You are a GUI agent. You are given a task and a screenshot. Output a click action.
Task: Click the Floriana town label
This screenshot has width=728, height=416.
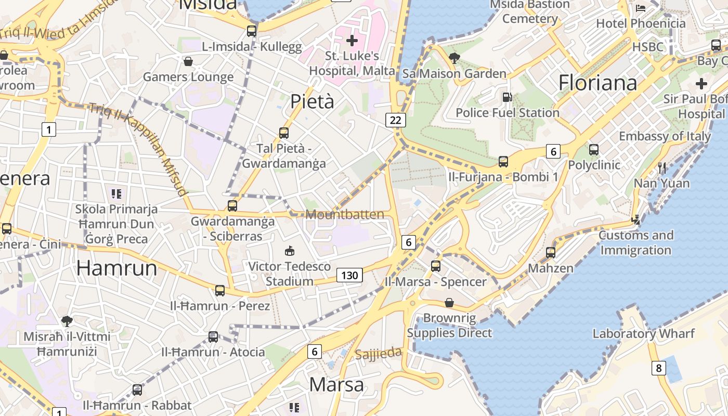point(597,83)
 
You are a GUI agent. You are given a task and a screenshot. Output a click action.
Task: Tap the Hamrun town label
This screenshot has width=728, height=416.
point(116,268)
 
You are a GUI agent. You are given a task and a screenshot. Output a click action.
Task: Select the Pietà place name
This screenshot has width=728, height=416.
point(312,101)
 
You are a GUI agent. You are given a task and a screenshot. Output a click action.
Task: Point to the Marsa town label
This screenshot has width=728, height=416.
point(336,385)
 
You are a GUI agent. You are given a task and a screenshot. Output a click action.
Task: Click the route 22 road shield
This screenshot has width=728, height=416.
point(396,120)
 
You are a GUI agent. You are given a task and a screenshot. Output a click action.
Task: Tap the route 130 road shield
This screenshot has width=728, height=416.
point(349,275)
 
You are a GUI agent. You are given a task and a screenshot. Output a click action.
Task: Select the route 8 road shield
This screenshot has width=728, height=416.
point(659,368)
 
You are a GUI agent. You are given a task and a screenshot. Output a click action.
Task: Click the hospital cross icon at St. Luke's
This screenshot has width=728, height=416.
point(352,40)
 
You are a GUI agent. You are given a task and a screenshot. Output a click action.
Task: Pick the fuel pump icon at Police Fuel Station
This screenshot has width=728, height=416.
point(506,97)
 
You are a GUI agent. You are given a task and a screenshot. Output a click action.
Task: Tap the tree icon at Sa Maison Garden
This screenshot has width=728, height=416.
point(454,58)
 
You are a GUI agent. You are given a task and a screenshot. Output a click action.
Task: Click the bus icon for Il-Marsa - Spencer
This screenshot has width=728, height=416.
point(436,266)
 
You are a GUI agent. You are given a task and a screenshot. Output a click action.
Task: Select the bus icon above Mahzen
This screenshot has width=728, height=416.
point(551,253)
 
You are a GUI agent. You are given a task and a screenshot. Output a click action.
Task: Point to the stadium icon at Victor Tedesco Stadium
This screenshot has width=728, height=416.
point(290,251)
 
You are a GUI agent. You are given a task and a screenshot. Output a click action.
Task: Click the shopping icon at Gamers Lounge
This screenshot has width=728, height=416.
point(188,61)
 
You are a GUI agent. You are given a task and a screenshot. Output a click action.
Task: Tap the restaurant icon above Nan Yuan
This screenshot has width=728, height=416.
point(662,167)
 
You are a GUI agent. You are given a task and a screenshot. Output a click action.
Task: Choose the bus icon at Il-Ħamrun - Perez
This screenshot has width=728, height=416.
point(220,290)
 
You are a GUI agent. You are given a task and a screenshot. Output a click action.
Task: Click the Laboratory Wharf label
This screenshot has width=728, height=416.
point(643,334)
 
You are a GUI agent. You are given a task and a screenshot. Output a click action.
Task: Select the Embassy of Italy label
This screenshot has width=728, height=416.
point(665,136)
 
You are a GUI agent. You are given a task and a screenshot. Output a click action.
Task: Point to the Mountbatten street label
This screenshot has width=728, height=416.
point(345,214)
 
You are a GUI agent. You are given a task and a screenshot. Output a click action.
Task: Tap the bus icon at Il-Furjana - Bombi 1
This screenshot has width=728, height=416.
point(503,162)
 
